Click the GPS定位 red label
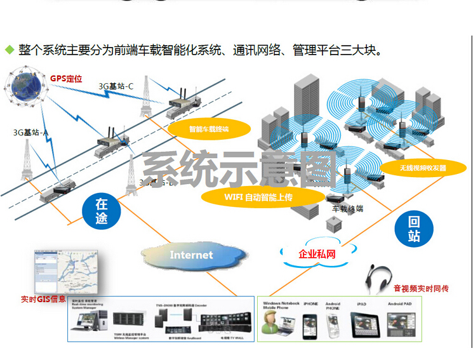point(66,79)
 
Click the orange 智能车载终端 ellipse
point(208,130)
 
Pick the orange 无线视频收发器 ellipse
point(423,168)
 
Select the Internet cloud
point(192,255)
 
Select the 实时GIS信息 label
point(43,299)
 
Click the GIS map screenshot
point(62,271)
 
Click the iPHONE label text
point(310,304)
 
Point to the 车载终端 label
point(348,208)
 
